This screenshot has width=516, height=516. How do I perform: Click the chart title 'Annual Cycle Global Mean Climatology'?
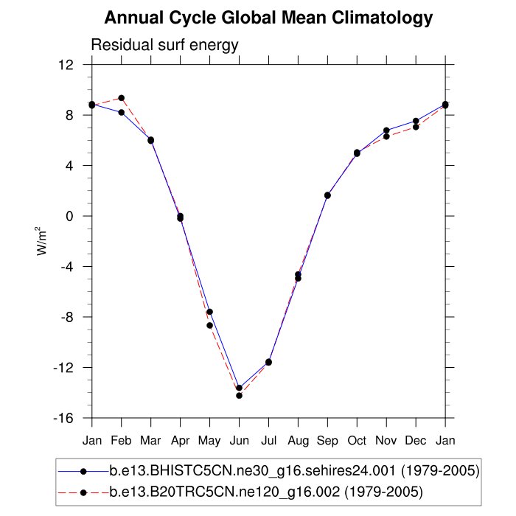(x=268, y=17)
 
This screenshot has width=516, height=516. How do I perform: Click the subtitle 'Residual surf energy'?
(x=164, y=45)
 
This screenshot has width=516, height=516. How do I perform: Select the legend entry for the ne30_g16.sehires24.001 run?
(x=294, y=471)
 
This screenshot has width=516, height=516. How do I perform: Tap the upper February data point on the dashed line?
(x=121, y=98)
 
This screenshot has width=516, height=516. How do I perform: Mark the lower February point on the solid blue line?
(x=121, y=112)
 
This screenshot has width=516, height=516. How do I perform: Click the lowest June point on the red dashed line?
(x=239, y=396)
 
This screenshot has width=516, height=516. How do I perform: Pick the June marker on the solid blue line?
(x=239, y=388)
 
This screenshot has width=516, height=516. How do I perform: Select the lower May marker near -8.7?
(x=209, y=325)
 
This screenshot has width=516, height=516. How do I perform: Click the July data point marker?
(x=268, y=362)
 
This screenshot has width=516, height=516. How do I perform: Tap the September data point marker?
(x=327, y=195)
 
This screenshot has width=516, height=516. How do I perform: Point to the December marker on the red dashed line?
(x=416, y=127)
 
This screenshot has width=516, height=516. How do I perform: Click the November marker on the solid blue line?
(x=386, y=130)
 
